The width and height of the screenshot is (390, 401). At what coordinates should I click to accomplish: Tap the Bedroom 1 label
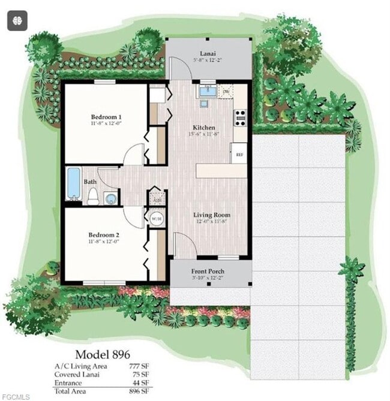[106, 116]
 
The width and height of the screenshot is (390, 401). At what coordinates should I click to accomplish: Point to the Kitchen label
[204, 128]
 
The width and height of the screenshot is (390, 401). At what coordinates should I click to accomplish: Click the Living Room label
[211, 215]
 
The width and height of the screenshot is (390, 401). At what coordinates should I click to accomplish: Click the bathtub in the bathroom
[73, 183]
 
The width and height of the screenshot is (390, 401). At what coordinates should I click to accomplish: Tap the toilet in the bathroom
[93, 196]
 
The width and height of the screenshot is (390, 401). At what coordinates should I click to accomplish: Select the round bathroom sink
[110, 198]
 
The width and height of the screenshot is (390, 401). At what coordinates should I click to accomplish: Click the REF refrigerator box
[239, 154]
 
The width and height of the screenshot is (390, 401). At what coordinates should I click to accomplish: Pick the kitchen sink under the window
[207, 92]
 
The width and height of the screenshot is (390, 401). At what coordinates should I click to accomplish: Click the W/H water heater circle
[156, 218]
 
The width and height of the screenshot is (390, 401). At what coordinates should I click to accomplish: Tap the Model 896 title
[102, 354]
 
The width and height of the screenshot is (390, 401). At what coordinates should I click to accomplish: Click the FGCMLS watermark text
[14, 396]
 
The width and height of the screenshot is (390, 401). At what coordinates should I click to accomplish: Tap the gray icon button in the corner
[17, 20]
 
